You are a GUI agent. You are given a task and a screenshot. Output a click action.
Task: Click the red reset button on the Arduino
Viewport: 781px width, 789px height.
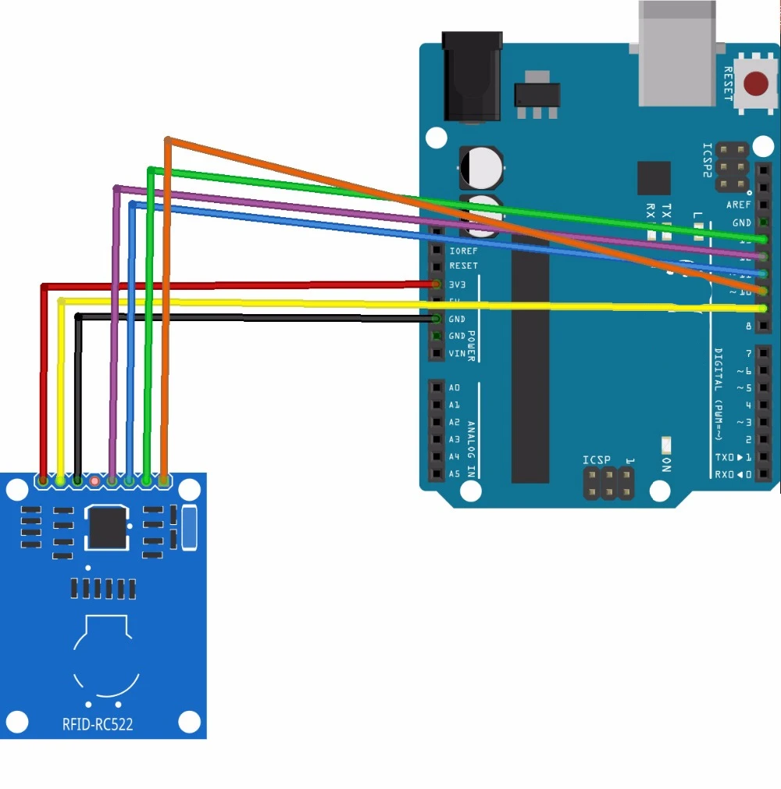755,84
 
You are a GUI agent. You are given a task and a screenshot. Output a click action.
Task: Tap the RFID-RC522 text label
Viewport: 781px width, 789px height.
98,724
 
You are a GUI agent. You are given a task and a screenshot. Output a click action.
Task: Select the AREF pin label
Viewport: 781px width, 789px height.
738,205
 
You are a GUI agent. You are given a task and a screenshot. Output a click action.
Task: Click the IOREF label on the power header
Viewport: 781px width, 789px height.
463,251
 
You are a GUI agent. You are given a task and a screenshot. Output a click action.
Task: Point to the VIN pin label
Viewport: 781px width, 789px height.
457,353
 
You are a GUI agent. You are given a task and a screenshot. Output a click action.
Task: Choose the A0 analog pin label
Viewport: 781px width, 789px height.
455,387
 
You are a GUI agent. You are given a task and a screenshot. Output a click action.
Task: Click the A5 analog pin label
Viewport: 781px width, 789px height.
455,473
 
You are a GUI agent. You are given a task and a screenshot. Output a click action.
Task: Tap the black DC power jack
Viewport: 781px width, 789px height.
471,77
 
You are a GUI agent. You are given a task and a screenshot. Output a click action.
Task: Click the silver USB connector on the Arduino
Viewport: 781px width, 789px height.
676,53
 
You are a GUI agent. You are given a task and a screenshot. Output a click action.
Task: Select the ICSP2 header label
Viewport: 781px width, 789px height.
708,161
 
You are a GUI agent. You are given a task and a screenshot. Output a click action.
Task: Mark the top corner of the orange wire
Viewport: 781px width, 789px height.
167,140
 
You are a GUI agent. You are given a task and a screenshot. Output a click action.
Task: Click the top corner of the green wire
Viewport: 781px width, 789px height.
150,169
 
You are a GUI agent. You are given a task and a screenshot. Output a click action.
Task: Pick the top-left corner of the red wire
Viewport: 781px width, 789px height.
44,287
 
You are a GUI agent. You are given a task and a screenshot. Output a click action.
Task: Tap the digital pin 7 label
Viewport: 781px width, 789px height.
747,353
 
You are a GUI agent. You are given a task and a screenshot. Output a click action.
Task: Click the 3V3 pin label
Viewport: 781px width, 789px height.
458,284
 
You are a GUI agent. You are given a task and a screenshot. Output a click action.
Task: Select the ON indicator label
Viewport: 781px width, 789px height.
666,465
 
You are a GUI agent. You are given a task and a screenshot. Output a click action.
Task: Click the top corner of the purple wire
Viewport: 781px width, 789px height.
116,187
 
